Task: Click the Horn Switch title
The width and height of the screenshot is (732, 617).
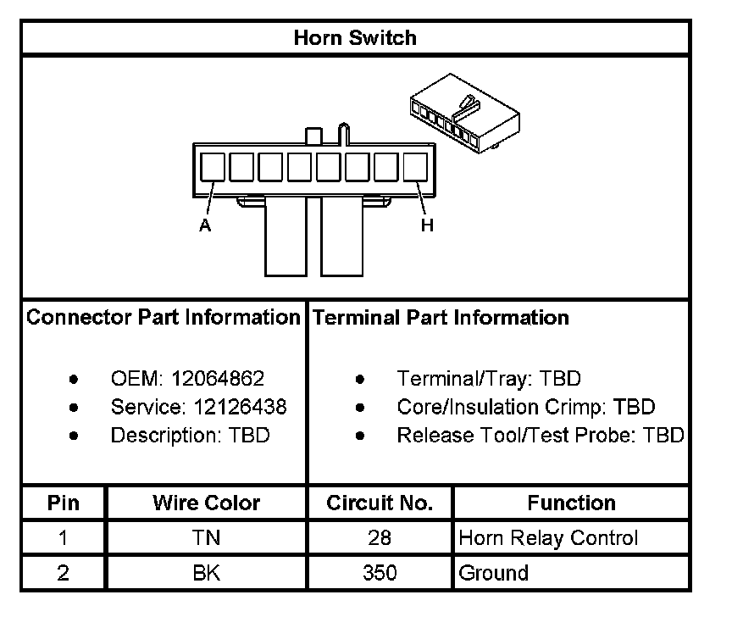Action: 355,38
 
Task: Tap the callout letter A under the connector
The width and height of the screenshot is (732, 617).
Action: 204,225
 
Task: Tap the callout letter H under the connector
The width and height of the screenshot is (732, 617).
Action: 427,225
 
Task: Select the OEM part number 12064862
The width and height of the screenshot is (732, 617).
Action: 219,379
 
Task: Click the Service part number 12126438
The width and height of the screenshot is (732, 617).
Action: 234,407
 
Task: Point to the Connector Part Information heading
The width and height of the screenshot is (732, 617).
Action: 164,318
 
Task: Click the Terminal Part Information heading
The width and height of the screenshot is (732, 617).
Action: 441,318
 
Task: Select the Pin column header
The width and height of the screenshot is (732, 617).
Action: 63,503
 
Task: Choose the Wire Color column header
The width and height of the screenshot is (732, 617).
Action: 206,503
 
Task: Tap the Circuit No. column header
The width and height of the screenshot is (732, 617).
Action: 380,503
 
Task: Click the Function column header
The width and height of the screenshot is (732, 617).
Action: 571,503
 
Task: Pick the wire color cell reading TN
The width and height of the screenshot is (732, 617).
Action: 206,538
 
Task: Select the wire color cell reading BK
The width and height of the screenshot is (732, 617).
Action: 206,573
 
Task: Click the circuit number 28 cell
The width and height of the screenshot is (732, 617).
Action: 380,538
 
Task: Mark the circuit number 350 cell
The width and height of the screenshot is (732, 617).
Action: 380,573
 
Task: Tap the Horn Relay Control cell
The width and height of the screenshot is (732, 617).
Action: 548,538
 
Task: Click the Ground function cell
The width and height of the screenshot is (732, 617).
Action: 493,573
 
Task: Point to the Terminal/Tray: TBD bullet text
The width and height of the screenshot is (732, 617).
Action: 489,379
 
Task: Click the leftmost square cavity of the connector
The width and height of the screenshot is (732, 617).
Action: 213,166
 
